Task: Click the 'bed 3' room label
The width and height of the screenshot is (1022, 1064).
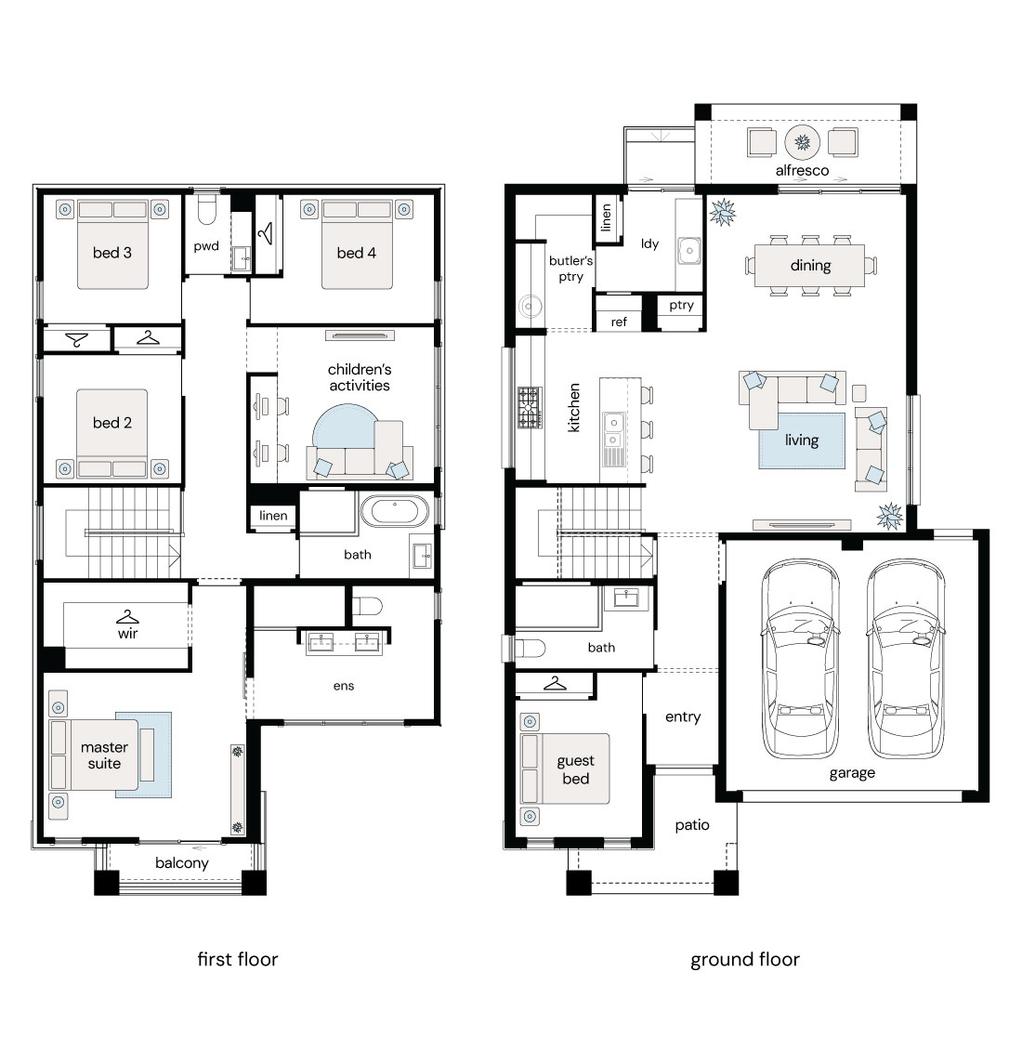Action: click(112, 253)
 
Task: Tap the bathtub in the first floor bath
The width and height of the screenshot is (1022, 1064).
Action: click(394, 512)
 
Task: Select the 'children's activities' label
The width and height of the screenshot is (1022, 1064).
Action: click(359, 377)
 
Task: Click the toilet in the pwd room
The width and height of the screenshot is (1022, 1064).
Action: click(207, 211)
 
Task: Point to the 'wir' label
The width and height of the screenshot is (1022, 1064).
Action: click(127, 634)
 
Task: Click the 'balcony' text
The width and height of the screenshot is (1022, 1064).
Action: click(182, 863)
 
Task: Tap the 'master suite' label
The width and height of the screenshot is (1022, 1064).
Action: click(104, 755)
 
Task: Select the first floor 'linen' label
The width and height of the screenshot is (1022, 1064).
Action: click(273, 516)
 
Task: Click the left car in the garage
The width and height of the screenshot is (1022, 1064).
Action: click(800, 658)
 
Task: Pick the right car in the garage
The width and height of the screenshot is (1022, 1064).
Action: click(905, 658)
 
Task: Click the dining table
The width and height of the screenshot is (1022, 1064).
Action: click(810, 266)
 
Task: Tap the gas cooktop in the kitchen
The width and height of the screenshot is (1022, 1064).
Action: click(530, 407)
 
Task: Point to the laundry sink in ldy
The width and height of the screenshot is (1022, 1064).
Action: click(689, 250)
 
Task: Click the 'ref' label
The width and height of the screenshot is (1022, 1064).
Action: click(619, 322)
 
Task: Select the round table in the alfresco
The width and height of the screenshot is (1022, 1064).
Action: click(802, 142)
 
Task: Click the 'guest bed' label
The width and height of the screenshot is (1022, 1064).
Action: click(575, 769)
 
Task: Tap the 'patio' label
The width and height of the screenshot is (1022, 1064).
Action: click(692, 826)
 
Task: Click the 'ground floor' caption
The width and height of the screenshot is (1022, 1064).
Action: click(745, 960)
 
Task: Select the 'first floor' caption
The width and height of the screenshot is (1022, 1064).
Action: click(238, 959)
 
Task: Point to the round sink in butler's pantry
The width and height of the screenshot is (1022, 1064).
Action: click(530, 307)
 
